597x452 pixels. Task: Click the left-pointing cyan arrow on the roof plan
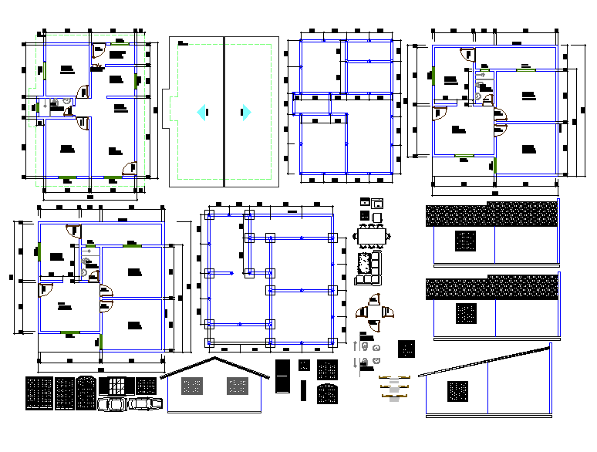(201, 113)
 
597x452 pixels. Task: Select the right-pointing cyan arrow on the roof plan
(246, 113)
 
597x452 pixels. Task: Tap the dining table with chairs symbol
(371, 234)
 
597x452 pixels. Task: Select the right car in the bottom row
(143, 403)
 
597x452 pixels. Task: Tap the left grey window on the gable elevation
(190, 386)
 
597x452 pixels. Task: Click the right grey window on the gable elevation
(235, 386)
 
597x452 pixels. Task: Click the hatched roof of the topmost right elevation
(491, 215)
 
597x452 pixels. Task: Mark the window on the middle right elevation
(466, 314)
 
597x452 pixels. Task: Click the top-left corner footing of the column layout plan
(209, 216)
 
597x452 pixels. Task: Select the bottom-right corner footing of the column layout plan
(332, 342)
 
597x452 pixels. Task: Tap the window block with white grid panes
(116, 385)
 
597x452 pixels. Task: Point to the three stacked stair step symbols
(393, 386)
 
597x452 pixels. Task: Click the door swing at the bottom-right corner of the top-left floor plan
(130, 167)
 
